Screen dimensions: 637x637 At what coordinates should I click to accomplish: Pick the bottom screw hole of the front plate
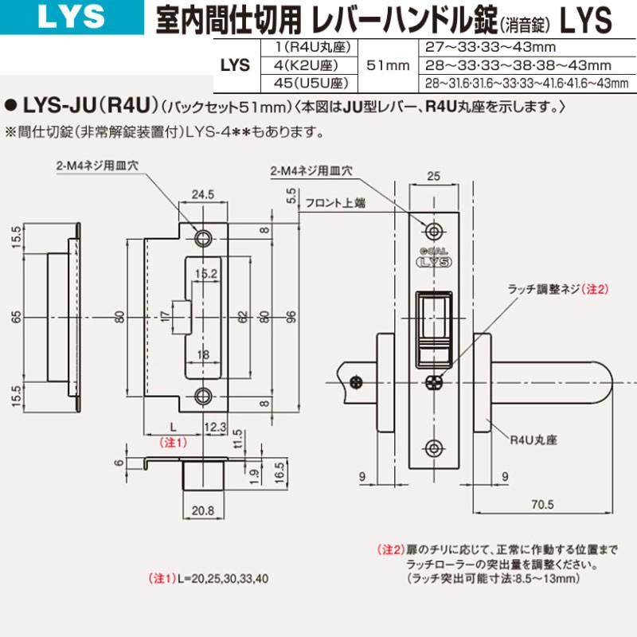pos(434,447)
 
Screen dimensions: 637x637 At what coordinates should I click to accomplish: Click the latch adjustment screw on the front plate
pos(433,382)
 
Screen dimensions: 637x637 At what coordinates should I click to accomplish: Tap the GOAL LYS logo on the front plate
pos(434,259)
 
